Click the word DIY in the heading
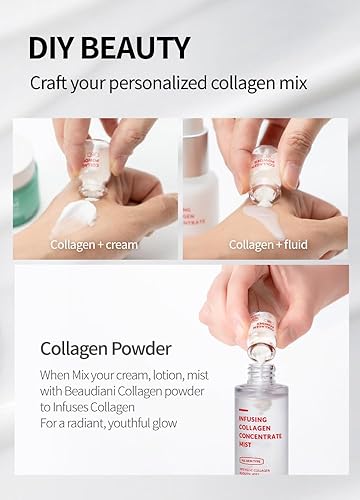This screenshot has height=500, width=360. [x=51, y=47]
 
